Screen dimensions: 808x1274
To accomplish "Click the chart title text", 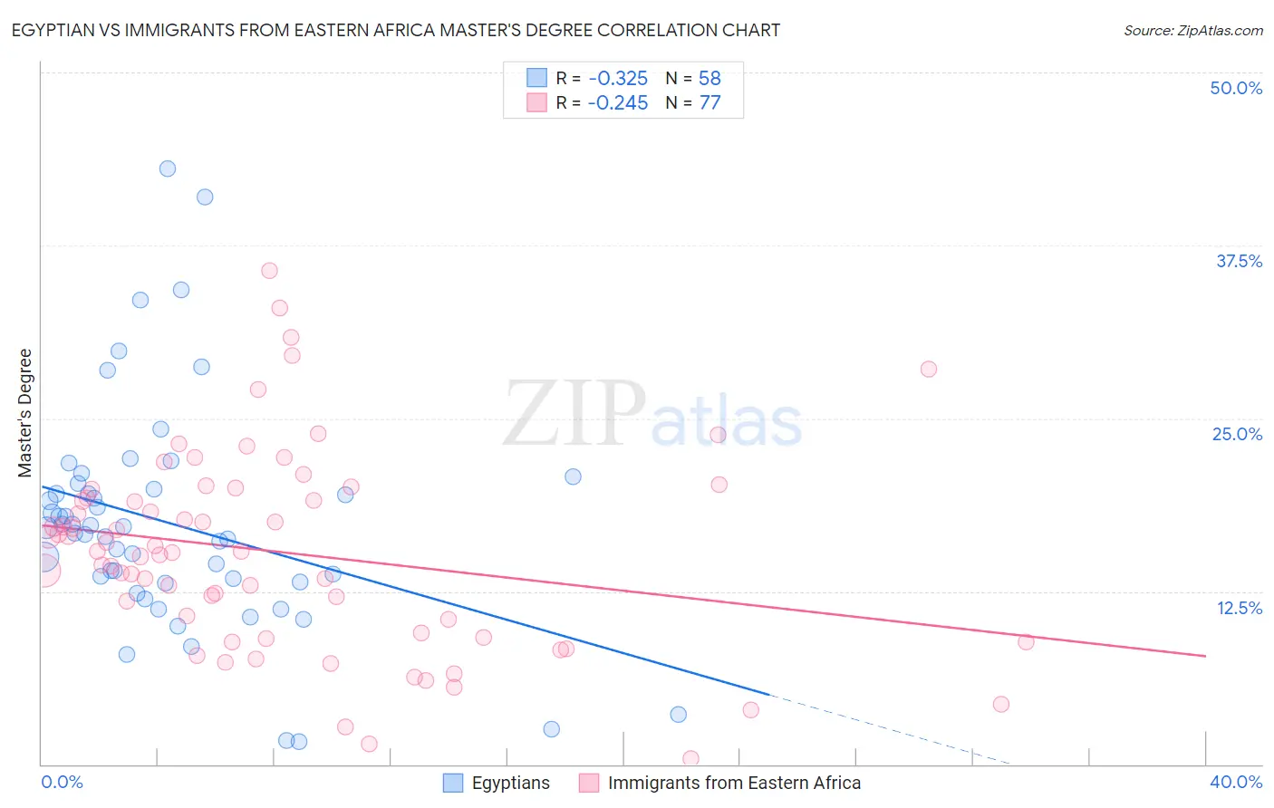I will [395, 31].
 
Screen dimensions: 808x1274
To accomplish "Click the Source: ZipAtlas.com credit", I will [1192, 31].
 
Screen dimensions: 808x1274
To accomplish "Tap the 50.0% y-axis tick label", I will [1236, 88].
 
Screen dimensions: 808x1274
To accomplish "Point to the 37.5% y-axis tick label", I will [1239, 261].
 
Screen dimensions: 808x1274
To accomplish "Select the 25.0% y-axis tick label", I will [1237, 434].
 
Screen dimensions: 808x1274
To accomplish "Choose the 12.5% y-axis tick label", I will [1239, 608].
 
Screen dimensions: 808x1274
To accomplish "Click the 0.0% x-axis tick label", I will [62, 782].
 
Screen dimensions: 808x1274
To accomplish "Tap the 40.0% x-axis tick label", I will [1236, 782].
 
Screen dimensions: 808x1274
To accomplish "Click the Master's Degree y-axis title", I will [25, 413].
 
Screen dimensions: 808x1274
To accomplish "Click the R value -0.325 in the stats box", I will [618, 79].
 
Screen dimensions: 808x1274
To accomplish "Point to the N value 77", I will [709, 103].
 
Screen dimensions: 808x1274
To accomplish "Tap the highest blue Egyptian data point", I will [168, 168].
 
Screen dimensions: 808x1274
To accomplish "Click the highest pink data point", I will [269, 271].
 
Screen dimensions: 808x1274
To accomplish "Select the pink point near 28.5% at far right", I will [929, 369].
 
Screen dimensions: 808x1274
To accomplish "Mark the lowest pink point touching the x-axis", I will [690, 758].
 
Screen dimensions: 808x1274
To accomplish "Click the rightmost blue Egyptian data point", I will [679, 715].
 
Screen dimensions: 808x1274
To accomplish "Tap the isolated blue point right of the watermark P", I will [573, 476].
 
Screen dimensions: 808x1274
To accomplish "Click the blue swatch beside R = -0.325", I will [537, 78].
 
